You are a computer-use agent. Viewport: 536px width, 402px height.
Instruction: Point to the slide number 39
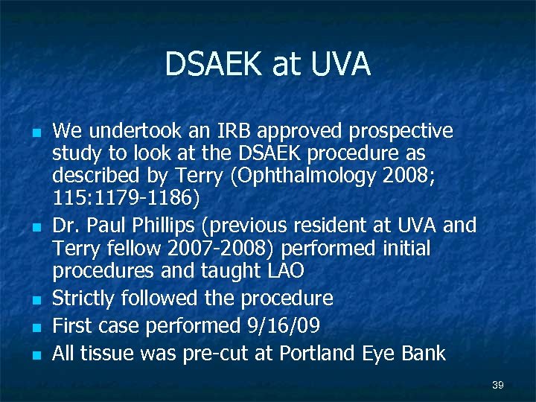coord(498,385)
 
